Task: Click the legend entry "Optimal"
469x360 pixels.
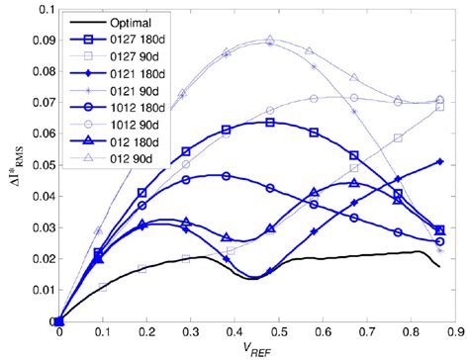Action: click(x=135, y=19)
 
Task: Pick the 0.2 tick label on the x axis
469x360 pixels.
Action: click(x=146, y=332)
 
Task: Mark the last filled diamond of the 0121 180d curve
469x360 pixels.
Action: click(x=439, y=161)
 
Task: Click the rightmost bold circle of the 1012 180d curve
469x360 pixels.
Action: click(x=439, y=240)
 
